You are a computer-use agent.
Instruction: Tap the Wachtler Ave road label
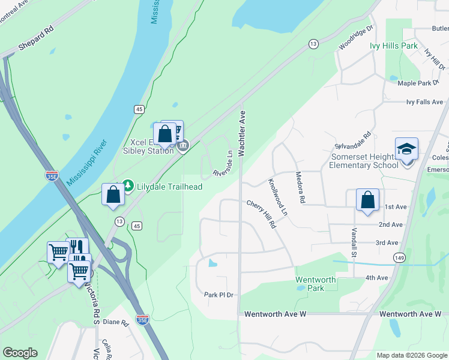[x=243, y=133]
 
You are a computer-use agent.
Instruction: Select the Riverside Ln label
[x=223, y=163]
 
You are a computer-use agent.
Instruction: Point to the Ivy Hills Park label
[x=393, y=46]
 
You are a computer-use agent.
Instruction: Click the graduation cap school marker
[x=406, y=149]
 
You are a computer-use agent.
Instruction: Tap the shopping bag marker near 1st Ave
[x=367, y=200]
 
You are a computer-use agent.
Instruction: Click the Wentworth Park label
[x=315, y=284]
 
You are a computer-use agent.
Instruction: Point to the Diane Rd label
[x=116, y=322]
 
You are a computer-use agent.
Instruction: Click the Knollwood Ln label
[x=278, y=196]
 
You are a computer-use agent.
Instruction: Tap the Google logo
[x=20, y=353]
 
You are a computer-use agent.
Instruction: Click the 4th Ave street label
[x=378, y=277]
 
